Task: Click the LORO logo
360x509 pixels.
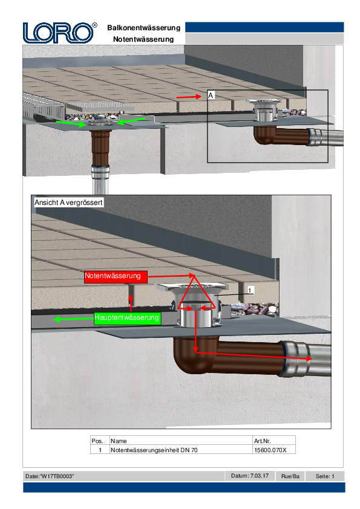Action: (60, 33)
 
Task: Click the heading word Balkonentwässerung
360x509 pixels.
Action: (143, 28)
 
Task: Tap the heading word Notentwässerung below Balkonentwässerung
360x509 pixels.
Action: (143, 39)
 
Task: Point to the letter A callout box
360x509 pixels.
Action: (211, 96)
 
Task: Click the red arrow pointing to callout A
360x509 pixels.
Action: (189, 97)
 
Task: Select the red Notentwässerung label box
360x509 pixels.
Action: (116, 277)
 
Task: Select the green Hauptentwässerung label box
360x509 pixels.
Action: (127, 317)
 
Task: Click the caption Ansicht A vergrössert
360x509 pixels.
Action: (68, 203)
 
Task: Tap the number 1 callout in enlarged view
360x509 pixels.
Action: (250, 290)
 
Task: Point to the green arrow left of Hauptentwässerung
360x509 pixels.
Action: (73, 319)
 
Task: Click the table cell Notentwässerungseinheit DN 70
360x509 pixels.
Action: (154, 450)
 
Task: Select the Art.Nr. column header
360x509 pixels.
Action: (262, 441)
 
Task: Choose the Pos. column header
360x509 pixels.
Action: (97, 441)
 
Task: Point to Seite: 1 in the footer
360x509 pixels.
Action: (325, 476)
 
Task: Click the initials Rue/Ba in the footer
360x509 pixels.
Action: (290, 476)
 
